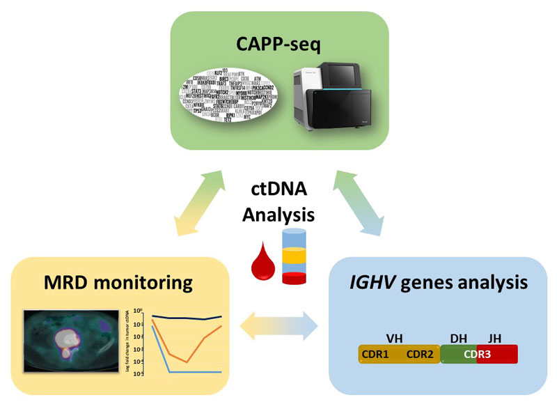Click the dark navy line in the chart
click(188, 318)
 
